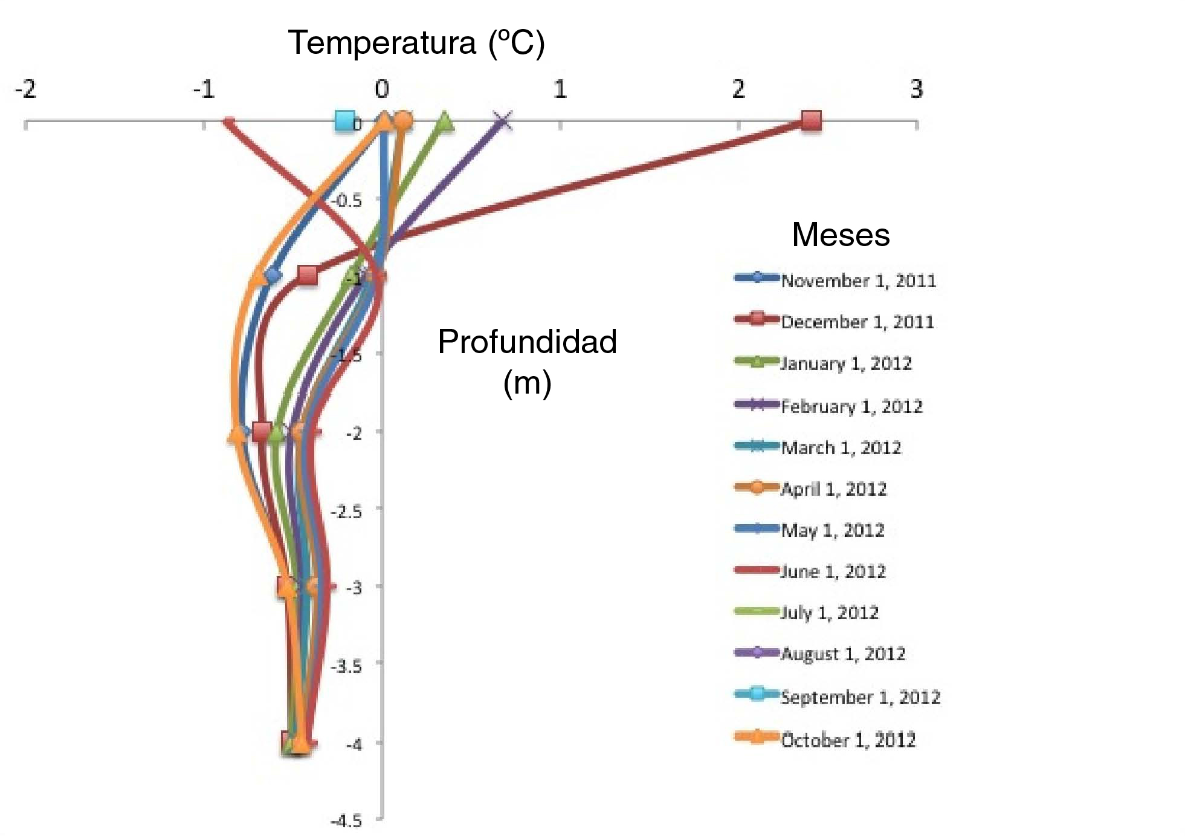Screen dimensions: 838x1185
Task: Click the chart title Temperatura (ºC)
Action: [x=416, y=43]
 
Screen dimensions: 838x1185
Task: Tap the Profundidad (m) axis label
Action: [x=527, y=361]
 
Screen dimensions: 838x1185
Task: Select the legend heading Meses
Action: [x=841, y=235]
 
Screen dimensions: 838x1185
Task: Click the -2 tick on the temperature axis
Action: [x=25, y=89]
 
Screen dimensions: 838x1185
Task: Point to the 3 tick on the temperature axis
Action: [x=917, y=89]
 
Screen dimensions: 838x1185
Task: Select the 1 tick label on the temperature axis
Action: [x=560, y=89]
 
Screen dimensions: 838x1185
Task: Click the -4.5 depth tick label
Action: [x=347, y=821]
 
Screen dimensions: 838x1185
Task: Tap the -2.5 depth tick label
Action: [x=347, y=512]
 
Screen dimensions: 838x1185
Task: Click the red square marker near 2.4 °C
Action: [x=811, y=121]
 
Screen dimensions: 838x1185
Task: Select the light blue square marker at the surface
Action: [x=344, y=121]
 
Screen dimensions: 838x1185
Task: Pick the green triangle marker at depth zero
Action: [x=445, y=122]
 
